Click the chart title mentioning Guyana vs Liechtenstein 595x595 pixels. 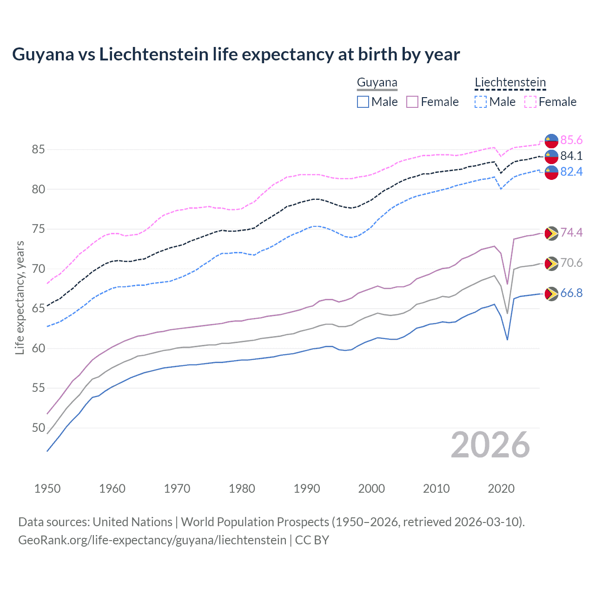236,54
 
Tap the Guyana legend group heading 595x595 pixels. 377,83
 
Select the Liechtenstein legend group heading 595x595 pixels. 510,83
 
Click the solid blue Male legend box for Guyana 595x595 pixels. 363,102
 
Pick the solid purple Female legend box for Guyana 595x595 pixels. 412,102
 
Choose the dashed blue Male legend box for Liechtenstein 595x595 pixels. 481,102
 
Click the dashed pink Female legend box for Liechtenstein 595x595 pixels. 530,102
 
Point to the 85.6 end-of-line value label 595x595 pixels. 571,140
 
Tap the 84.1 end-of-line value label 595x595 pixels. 571,156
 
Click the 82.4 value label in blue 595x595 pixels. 571,172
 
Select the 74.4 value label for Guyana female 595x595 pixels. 571,232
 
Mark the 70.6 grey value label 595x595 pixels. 571,263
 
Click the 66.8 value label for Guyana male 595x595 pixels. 571,293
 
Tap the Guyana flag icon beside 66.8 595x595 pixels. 551,294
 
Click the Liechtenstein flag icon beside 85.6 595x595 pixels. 551,140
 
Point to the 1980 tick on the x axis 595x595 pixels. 242,489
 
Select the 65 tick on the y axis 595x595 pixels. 38,309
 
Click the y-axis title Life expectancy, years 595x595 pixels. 20,297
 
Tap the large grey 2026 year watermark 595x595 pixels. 490,445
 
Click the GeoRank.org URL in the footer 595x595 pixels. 152,540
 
